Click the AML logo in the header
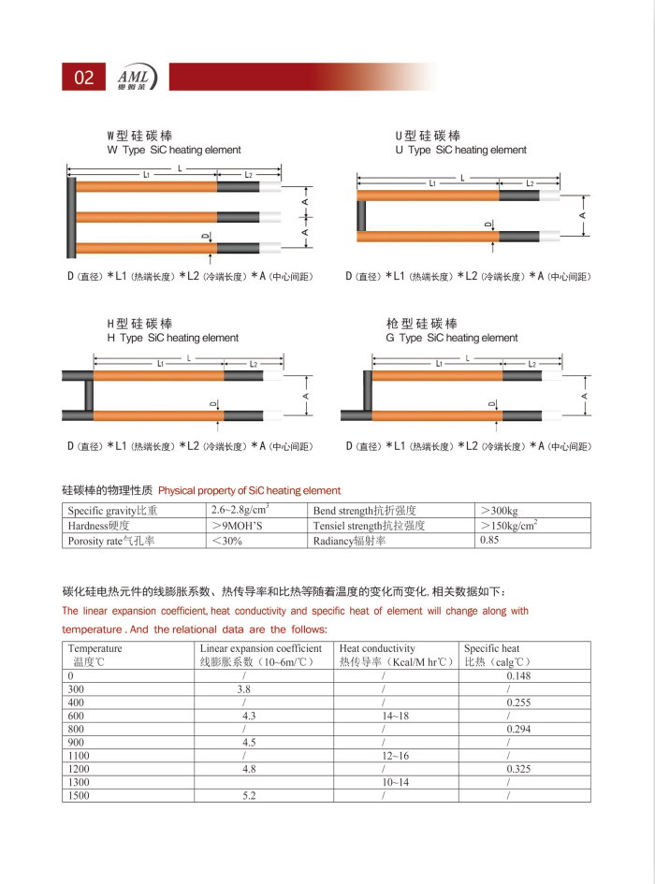coord(138,77)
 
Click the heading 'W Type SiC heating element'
coord(174,150)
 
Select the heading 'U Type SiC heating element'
coord(460,150)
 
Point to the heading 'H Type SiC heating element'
coord(173,338)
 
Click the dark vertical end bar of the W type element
coord(71,215)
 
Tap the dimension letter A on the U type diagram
coord(583,215)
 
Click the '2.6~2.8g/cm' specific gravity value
coord(240,510)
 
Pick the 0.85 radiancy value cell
coord(489,540)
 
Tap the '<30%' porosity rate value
coord(227,540)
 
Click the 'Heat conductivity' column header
coord(377,648)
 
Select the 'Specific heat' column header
coord(492,648)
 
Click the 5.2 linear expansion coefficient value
coord(249,795)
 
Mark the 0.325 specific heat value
coord(518,768)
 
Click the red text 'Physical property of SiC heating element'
coord(250,490)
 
